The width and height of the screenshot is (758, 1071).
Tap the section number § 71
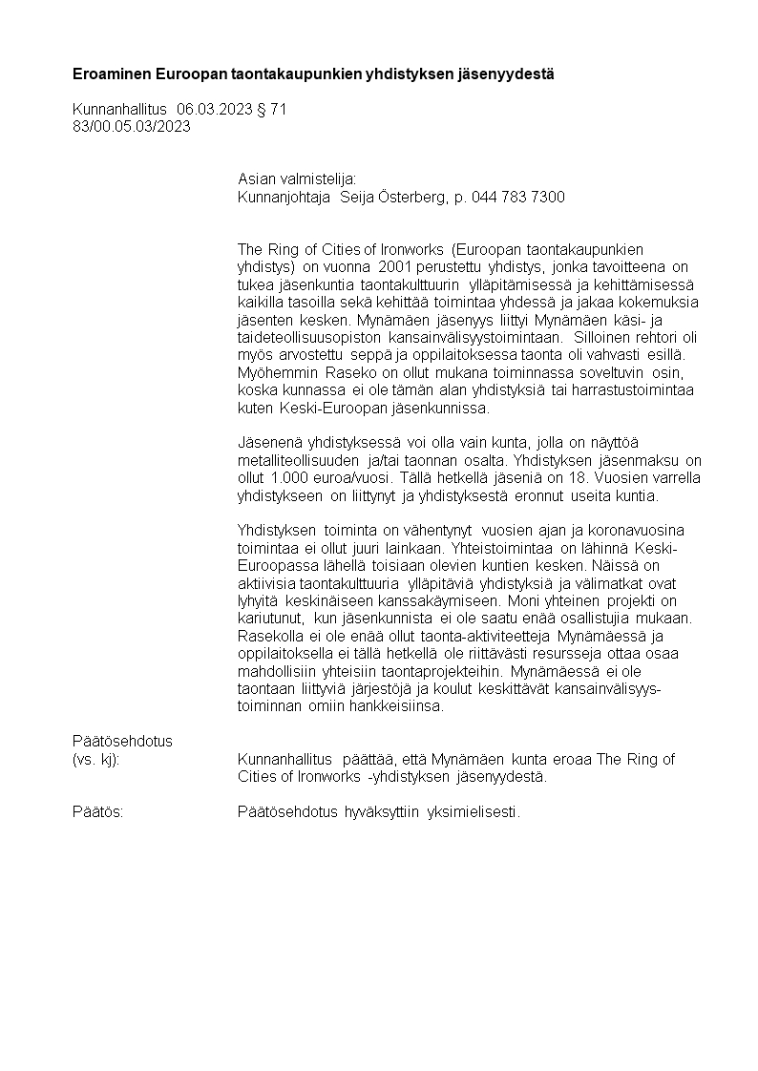[272, 111]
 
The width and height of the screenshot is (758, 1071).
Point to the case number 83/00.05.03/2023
[132, 127]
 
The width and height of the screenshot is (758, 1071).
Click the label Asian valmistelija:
[296, 178]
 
